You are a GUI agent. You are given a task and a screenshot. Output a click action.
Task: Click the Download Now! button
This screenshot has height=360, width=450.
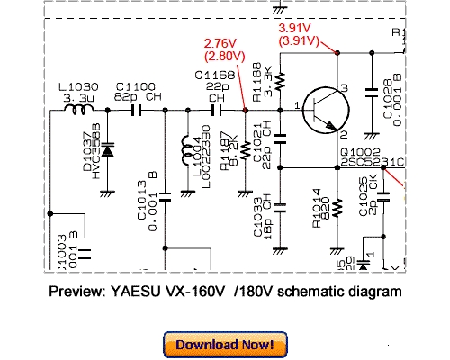click(x=225, y=345)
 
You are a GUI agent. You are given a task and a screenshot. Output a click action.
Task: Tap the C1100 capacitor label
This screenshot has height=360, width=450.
click(x=133, y=84)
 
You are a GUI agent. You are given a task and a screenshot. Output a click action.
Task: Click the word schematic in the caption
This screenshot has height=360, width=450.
click(x=302, y=292)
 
